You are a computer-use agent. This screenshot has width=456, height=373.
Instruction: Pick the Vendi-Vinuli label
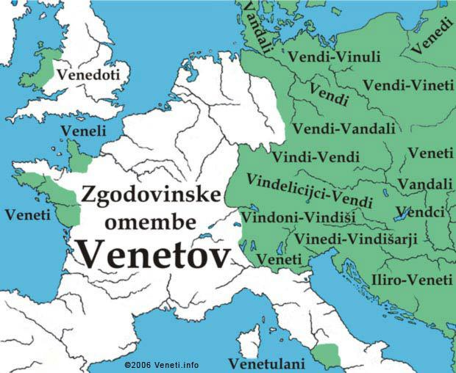[334, 57]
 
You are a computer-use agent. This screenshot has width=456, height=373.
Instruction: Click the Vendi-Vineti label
[408, 86]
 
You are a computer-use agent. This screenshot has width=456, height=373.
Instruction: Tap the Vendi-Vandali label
[343, 128]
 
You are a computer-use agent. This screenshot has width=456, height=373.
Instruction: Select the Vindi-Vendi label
[316, 157]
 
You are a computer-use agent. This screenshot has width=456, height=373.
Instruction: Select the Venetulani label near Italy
[263, 363]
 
